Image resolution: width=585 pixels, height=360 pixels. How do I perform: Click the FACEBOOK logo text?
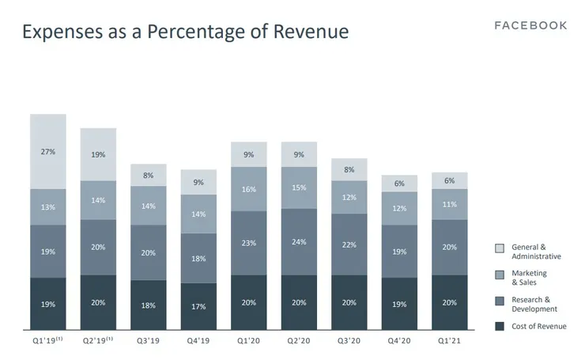click(x=530, y=25)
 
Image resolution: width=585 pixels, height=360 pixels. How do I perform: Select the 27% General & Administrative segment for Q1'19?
click(x=48, y=151)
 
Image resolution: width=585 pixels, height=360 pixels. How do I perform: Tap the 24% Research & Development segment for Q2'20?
click(x=299, y=242)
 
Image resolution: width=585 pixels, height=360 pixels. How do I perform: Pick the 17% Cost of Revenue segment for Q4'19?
click(x=198, y=306)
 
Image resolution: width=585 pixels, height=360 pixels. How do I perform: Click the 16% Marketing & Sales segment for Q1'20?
click(x=249, y=189)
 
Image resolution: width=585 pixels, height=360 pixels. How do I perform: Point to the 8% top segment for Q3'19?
click(x=149, y=175)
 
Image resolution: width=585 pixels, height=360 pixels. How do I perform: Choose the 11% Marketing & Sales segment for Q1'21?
click(x=449, y=204)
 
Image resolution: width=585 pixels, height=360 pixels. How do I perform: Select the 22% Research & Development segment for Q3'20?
click(x=349, y=244)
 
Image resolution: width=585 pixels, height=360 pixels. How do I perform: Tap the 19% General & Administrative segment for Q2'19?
click(x=98, y=155)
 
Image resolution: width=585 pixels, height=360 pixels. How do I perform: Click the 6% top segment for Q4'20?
click(x=399, y=184)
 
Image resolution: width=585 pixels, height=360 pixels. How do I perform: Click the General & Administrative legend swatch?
click(x=499, y=248)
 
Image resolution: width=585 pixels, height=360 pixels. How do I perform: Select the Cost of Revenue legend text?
click(x=539, y=326)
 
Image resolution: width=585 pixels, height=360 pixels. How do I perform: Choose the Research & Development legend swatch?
click(x=499, y=300)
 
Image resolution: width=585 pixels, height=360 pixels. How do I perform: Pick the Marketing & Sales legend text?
click(x=529, y=278)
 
